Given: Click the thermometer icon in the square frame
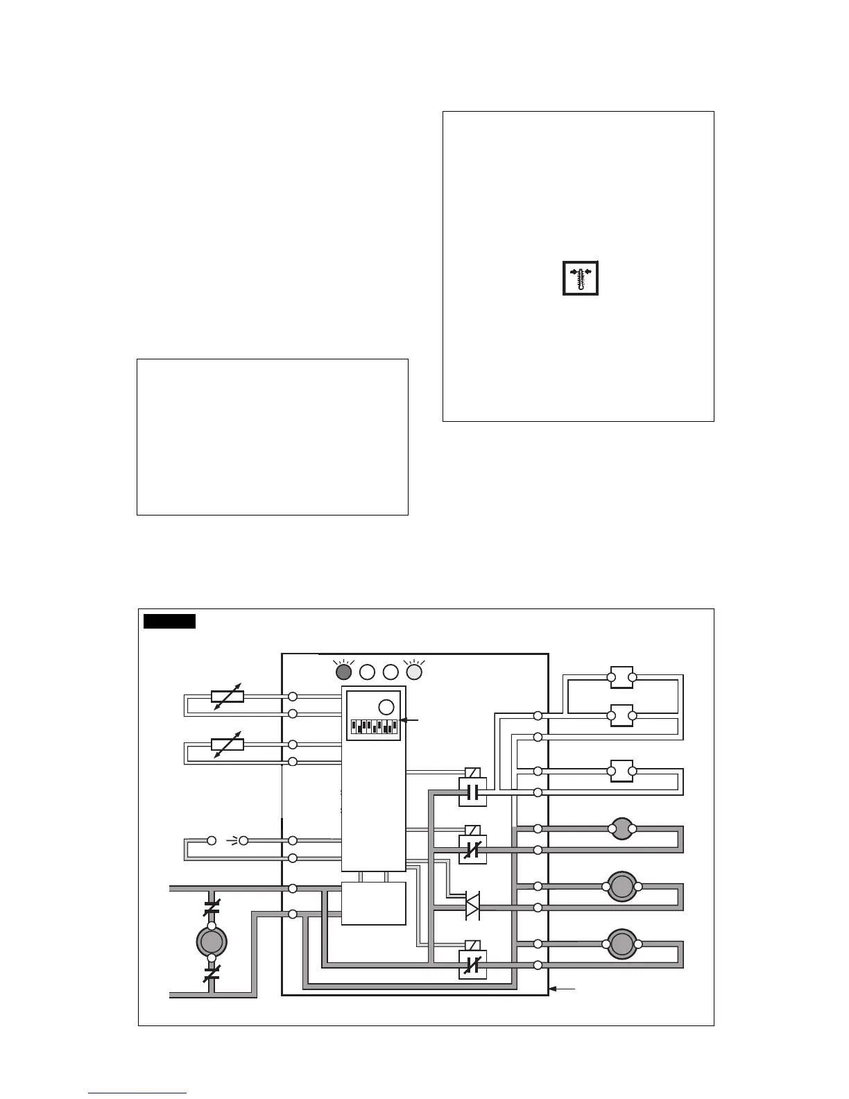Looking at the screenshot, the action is [x=581, y=278].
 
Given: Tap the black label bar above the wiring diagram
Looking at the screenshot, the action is [x=169, y=621].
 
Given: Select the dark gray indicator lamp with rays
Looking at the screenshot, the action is [x=343, y=672].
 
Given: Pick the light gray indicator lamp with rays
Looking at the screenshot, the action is [x=413, y=672].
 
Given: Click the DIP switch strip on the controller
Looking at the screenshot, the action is [x=374, y=727].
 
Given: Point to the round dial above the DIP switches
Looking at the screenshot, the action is [x=386, y=707].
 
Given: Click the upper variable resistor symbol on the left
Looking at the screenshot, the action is [x=228, y=696].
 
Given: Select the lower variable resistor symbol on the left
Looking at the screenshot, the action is [x=228, y=744].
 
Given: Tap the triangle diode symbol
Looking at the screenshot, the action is [x=472, y=907].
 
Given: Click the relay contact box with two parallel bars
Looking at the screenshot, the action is [x=473, y=792].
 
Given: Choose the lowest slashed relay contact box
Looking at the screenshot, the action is [x=473, y=964].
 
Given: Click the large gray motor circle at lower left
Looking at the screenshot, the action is [x=212, y=942].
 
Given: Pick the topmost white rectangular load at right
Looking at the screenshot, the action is [x=621, y=677].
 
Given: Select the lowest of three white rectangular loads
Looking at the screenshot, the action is [x=621, y=771].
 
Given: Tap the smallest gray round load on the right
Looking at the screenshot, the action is [x=621, y=828].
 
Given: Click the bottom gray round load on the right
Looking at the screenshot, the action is [x=622, y=944].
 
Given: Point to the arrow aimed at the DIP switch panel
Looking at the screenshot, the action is [x=411, y=720].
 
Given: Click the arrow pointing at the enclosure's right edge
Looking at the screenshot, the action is [x=563, y=988].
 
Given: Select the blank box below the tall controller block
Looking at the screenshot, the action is [x=374, y=903].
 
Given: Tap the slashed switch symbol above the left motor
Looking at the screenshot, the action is [x=212, y=906].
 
